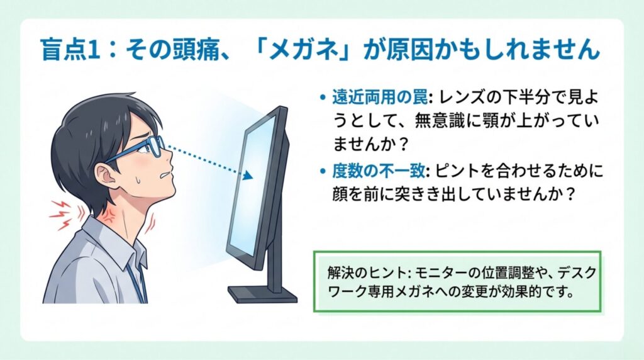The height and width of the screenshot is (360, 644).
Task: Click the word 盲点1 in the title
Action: coord(70,50)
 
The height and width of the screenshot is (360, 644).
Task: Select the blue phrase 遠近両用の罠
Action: coord(379,98)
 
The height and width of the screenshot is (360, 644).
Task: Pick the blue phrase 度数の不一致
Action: coord(378,171)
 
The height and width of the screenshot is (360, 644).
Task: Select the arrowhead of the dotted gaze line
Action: coord(248,176)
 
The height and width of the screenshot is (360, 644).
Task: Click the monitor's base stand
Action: coord(263,294)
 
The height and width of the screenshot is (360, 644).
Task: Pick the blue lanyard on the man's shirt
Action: coord(138,284)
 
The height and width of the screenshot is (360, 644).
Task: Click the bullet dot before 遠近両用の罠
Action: coord(323,99)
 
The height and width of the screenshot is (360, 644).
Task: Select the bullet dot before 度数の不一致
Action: coord(323,171)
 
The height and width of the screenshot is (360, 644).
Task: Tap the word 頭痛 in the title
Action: coord(191,50)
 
